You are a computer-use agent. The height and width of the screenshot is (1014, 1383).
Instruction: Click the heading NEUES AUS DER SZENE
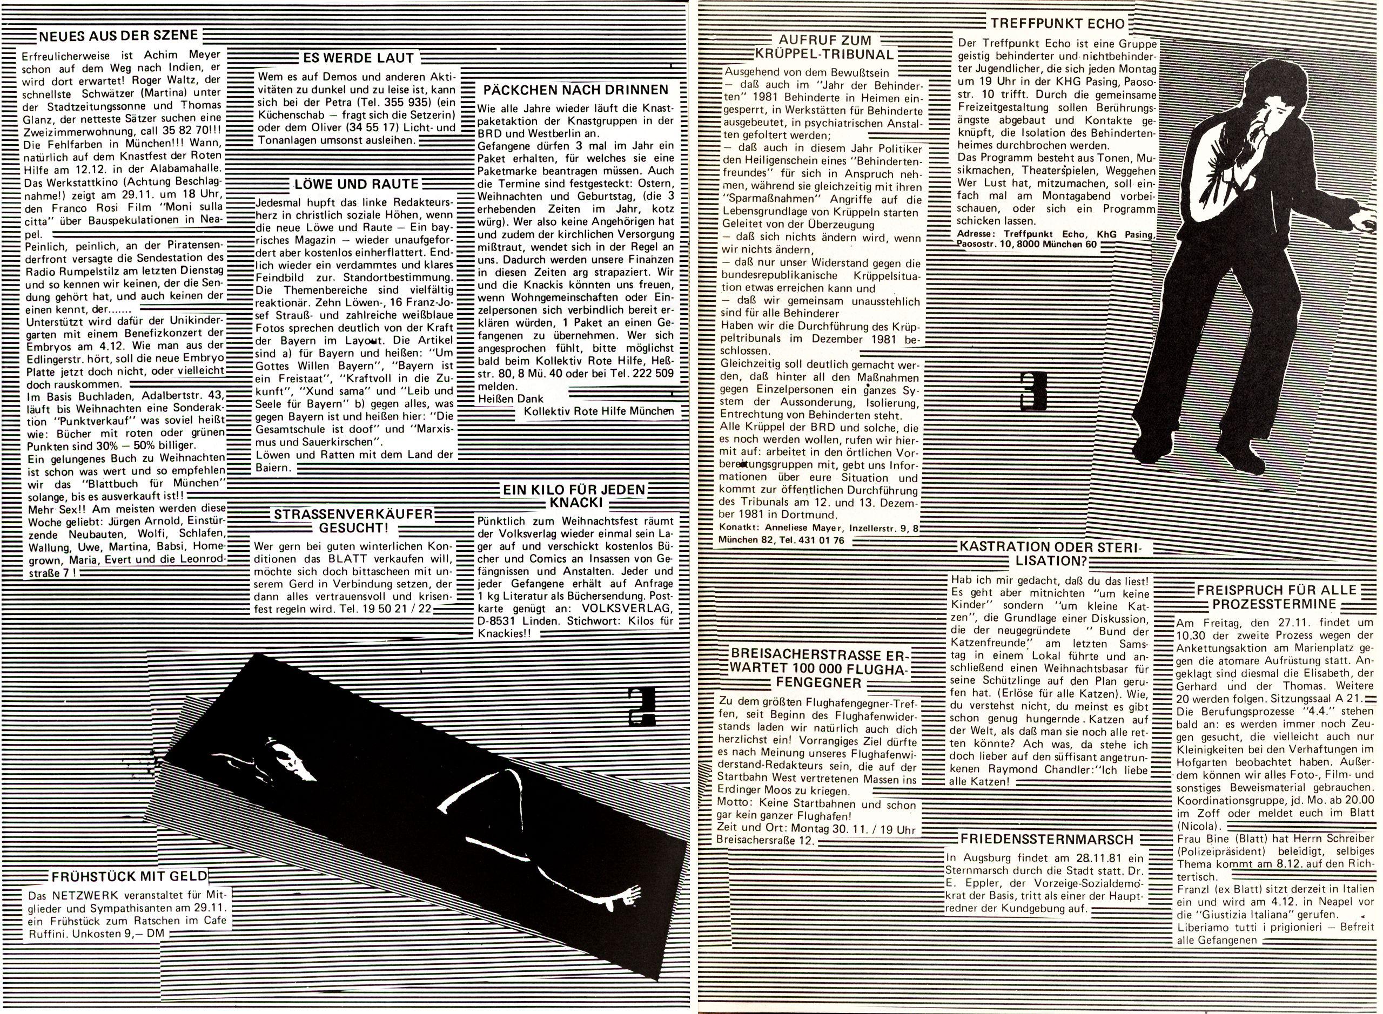pos(118,36)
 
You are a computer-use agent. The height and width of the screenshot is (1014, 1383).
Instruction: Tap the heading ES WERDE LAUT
pos(359,58)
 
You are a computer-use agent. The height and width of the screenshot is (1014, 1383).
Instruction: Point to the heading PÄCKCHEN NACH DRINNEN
pos(576,90)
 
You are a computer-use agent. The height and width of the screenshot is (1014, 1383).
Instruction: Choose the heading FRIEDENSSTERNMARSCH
pos(1041,839)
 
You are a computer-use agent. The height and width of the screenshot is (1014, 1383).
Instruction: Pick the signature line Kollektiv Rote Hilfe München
pos(594,411)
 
